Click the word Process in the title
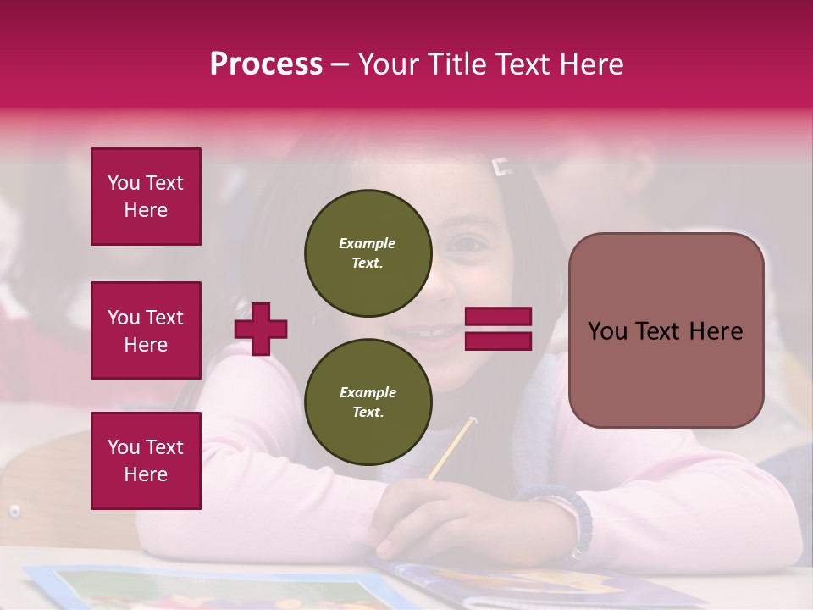(x=266, y=64)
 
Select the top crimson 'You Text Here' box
(x=146, y=197)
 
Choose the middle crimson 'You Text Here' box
(x=146, y=330)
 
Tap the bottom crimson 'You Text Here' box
(x=146, y=461)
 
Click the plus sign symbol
(x=261, y=329)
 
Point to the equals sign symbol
(x=498, y=329)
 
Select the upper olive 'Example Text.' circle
(x=368, y=252)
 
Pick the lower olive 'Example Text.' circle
(x=368, y=402)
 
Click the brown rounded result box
(x=666, y=330)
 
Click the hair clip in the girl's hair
(x=501, y=167)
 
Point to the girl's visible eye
(x=467, y=244)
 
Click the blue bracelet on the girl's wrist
(x=576, y=517)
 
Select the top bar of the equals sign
(x=498, y=316)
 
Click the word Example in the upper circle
(x=368, y=243)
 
